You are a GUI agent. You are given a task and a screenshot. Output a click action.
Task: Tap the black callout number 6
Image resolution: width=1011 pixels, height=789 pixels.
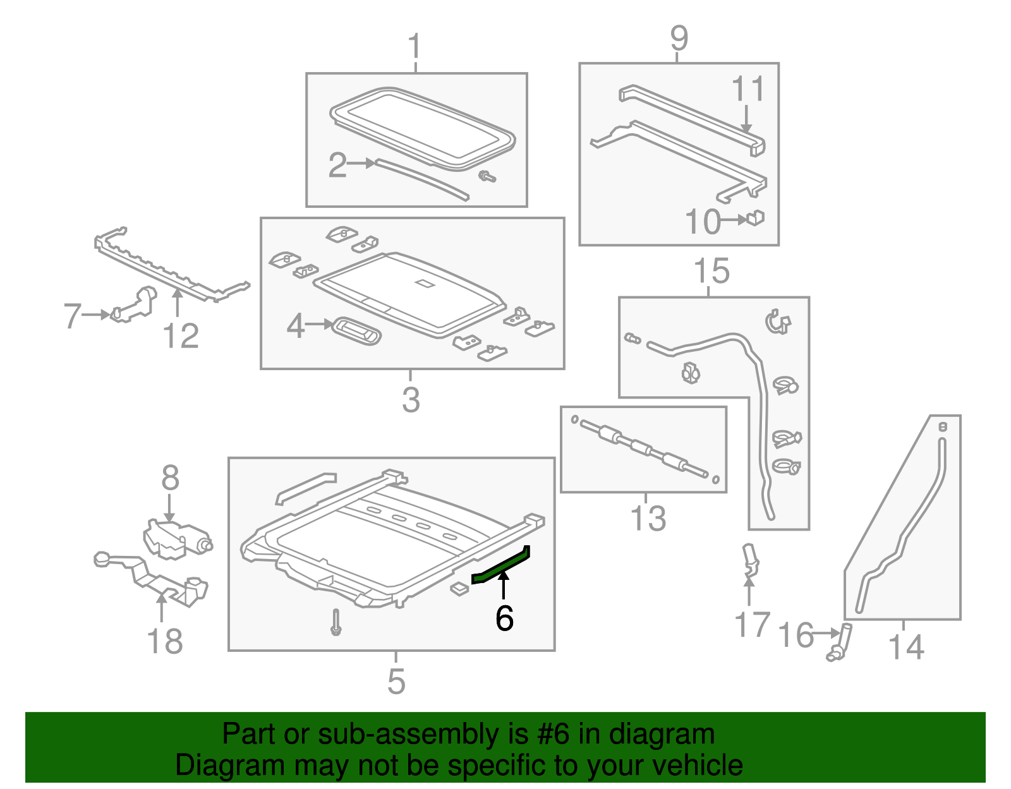[x=504, y=618]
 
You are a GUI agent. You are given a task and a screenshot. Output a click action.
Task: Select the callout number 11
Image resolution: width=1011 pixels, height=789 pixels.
[x=748, y=89]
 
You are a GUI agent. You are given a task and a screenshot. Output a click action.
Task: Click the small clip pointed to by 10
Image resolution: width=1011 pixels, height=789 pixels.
[x=756, y=219]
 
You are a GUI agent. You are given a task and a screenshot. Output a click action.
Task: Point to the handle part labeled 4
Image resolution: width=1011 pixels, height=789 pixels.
[x=357, y=330]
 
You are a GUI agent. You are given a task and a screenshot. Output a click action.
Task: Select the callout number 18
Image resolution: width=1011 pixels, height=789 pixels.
[x=164, y=641]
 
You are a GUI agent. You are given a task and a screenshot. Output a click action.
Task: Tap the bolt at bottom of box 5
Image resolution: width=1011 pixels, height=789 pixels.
[x=336, y=622]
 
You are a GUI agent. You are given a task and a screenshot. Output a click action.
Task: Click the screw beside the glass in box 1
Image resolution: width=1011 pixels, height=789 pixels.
[x=487, y=177]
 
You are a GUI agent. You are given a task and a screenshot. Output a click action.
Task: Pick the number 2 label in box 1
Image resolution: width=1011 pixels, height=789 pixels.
[x=337, y=165]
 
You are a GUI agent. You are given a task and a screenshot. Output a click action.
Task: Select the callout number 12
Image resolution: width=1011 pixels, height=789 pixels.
[x=181, y=336]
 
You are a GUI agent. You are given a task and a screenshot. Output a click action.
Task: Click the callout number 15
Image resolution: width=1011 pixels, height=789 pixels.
[x=711, y=272]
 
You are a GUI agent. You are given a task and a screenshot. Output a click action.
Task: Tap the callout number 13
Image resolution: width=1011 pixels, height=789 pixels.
[x=648, y=518]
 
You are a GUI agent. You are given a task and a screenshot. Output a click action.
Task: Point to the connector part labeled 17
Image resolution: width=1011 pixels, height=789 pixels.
[x=750, y=559]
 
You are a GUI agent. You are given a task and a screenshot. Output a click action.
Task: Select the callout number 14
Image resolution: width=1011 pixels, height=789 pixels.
[x=905, y=647]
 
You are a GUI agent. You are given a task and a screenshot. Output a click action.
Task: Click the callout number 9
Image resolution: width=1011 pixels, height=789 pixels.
[x=678, y=39]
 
